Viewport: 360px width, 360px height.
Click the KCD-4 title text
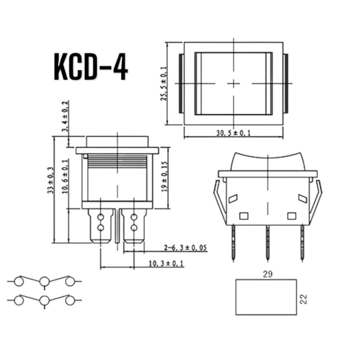tap(91, 66)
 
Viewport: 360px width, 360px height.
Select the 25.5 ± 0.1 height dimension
tap(164, 84)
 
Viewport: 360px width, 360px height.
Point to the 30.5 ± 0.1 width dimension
tap(233, 133)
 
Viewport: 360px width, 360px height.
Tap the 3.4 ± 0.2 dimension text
tap(65, 116)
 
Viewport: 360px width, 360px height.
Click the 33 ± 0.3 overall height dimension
tap(51, 180)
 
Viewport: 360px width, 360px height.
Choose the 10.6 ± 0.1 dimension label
tap(65, 176)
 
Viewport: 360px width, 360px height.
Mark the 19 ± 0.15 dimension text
tap(165, 177)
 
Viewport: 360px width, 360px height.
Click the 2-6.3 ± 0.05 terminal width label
tap(185, 248)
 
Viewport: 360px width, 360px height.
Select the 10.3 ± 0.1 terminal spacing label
tap(166, 263)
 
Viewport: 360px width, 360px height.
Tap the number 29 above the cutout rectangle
tap(268, 274)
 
